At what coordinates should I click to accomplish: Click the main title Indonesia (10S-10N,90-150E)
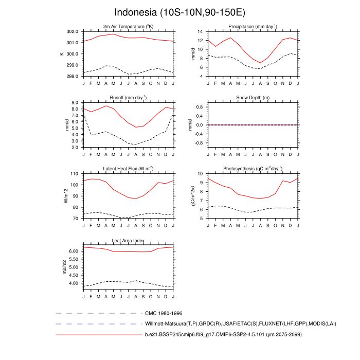point(179,12)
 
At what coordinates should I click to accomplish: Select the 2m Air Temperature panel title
point(128,26)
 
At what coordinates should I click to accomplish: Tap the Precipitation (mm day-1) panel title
point(253,26)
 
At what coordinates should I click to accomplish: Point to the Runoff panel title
point(128,97)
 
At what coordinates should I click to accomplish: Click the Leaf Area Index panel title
point(128,240)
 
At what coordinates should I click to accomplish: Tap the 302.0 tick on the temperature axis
point(72,31)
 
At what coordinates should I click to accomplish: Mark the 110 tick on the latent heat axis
point(74,174)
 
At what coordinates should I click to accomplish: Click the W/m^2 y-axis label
point(65,196)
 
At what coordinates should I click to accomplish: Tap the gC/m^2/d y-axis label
point(193,196)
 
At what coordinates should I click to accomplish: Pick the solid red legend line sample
point(98,335)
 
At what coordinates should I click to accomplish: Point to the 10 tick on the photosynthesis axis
point(202,174)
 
